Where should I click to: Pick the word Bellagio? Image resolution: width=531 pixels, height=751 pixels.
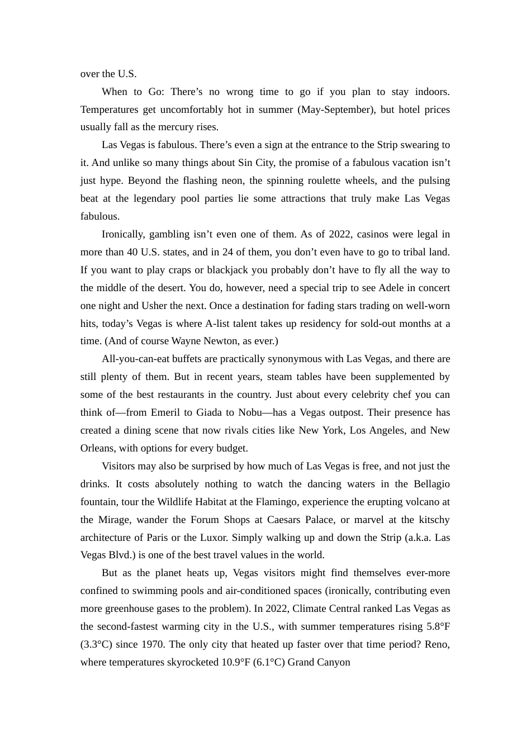432,484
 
